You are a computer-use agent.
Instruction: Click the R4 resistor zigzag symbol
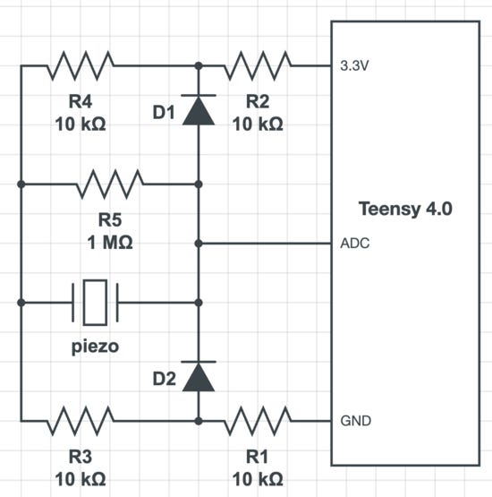click(81, 65)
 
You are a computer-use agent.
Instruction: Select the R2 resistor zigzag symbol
click(258, 65)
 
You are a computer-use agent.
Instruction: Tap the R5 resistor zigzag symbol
click(110, 184)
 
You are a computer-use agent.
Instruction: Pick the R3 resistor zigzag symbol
click(81, 421)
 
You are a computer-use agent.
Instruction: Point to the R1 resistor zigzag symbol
click(258, 421)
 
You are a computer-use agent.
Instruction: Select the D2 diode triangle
click(199, 376)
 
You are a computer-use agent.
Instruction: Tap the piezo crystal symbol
click(95, 303)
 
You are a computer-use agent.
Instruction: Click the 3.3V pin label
click(354, 66)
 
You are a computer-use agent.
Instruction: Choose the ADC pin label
click(355, 244)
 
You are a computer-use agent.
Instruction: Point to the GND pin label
click(355, 421)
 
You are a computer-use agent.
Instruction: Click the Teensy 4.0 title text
click(405, 209)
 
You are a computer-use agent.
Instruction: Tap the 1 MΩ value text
click(110, 243)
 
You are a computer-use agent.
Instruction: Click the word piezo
click(95, 347)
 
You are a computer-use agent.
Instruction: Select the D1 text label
click(164, 113)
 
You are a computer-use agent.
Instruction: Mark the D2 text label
click(164, 379)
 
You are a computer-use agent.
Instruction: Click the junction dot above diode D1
click(199, 65)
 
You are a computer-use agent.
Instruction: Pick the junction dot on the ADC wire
click(199, 244)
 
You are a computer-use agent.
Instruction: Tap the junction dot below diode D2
click(199, 421)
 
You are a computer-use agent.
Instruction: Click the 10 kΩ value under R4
click(81, 124)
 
